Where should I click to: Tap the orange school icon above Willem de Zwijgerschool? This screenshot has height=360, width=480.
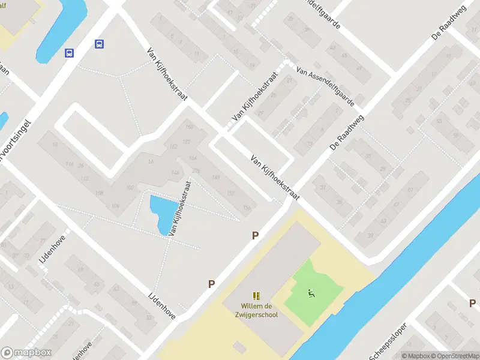(257, 296)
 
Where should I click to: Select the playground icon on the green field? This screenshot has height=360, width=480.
(311, 293)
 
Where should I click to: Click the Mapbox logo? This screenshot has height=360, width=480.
(26, 353)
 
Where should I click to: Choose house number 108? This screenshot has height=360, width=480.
(99, 193)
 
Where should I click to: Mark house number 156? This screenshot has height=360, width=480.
(246, 208)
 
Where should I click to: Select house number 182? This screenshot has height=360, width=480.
(173, 147)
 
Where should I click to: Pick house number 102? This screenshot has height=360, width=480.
(130, 188)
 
